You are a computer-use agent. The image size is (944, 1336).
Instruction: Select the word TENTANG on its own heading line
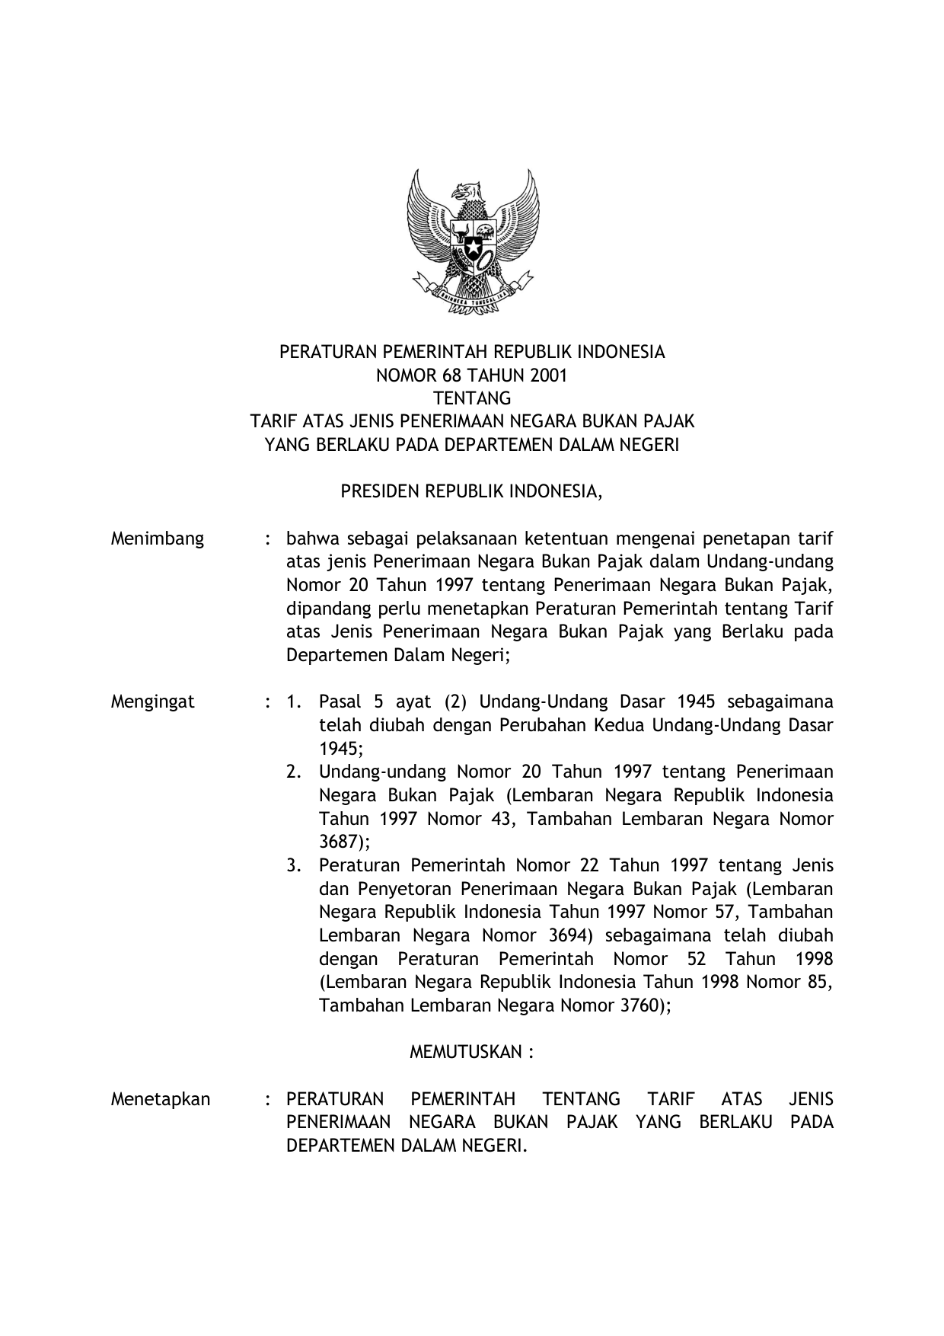[472, 398]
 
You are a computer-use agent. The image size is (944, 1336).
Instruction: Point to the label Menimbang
[158, 539]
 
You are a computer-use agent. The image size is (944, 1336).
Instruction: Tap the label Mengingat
[153, 702]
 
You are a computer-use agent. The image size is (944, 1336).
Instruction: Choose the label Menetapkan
[161, 1099]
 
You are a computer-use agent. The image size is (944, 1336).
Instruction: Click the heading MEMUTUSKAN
[471, 1053]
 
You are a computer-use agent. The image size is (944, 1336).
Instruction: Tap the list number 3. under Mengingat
[295, 865]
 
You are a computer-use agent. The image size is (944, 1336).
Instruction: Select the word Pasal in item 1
[340, 702]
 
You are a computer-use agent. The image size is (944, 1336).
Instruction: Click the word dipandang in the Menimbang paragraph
[327, 609]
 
